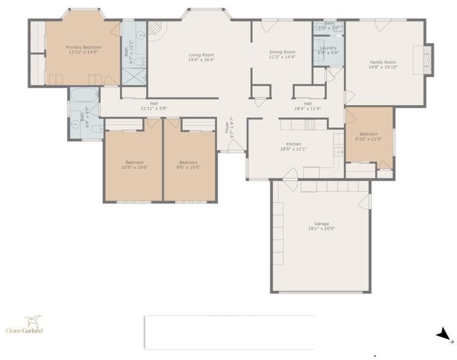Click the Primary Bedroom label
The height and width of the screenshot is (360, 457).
tap(83, 47)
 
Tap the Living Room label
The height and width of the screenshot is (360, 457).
tap(201, 55)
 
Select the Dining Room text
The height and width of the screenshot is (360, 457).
tap(282, 52)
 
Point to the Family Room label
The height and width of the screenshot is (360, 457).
tap(383, 62)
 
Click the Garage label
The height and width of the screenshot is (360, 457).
tap(321, 224)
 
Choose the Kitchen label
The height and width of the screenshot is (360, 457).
tap(294, 144)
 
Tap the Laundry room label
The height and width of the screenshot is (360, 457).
tap(328, 48)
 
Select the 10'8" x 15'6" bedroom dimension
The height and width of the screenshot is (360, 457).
tap(134, 167)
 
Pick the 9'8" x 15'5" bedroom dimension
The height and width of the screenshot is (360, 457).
tap(188, 167)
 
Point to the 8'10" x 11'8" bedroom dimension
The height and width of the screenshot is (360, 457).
tap(368, 139)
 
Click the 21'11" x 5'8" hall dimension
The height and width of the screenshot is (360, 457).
tap(154, 108)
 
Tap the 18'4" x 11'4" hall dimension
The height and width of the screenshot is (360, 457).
tap(308, 108)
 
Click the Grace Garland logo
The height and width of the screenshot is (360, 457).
tap(24, 324)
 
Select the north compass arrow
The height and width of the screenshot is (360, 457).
tap(443, 333)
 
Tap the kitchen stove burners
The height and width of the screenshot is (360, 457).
tap(309, 125)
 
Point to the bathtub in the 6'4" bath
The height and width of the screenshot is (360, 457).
tap(84, 94)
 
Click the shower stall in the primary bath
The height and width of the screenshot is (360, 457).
tap(134, 77)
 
